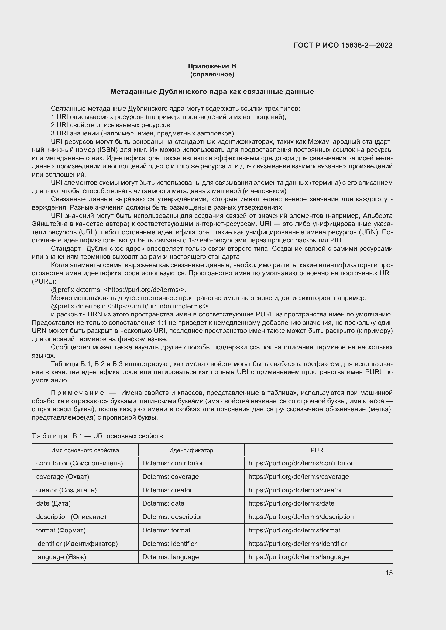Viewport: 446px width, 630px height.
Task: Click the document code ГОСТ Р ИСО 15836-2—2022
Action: (343, 45)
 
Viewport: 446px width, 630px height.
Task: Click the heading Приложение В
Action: (212, 66)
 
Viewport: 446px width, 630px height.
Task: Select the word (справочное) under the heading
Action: (212, 74)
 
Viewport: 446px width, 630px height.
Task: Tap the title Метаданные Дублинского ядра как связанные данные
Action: (212, 92)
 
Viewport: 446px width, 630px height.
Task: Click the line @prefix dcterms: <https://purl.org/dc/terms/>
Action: (118, 290)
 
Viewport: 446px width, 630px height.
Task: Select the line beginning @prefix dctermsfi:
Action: (130, 306)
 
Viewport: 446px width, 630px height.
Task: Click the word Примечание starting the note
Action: (77, 393)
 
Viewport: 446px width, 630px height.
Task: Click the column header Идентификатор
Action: (191, 450)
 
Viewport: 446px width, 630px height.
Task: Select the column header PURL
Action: (318, 450)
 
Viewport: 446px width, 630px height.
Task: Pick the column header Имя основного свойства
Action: (85, 450)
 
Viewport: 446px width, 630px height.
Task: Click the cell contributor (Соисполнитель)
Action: (79, 463)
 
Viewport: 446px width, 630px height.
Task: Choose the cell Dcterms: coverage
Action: (170, 477)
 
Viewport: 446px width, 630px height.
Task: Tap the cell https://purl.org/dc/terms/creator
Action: (295, 490)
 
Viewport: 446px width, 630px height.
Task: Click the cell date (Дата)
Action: (53, 503)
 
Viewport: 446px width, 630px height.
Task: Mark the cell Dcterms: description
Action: (173, 517)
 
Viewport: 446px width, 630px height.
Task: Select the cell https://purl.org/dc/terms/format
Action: (294, 530)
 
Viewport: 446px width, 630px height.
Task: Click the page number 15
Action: (389, 573)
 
